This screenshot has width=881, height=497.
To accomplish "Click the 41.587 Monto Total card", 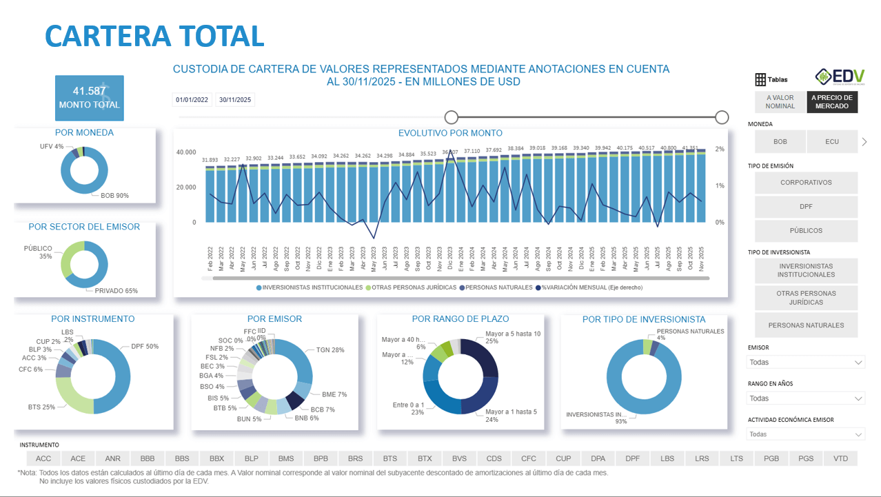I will tap(90, 97).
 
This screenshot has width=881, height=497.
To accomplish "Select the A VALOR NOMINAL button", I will tap(780, 102).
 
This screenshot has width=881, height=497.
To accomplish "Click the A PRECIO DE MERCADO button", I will tap(832, 102).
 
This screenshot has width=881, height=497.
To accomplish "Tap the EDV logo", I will tap(839, 77).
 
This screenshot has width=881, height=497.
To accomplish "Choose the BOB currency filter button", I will tap(780, 141).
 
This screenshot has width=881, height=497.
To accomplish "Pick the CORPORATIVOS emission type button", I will tap(806, 183).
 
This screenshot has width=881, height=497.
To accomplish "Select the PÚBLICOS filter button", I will tap(806, 231).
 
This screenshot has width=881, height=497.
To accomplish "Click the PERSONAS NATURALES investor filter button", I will tap(806, 325).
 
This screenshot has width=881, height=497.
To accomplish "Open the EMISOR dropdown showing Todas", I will tap(806, 362).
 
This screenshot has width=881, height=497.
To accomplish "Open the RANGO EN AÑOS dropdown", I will tap(806, 398).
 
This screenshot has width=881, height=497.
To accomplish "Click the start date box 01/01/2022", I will tap(192, 100).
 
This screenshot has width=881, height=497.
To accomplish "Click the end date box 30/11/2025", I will tap(235, 100).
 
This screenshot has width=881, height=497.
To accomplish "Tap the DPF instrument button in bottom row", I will tap(632, 458).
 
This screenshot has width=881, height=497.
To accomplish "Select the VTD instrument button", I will tap(840, 458).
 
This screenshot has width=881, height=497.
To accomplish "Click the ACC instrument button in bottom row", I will tap(43, 458).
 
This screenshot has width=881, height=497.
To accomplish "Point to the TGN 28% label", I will tap(330, 350).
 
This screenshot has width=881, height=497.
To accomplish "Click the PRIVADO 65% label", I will tap(116, 291).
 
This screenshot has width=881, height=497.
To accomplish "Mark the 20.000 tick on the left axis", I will tap(186, 187).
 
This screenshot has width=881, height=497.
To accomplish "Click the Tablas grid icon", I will tap(761, 79).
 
